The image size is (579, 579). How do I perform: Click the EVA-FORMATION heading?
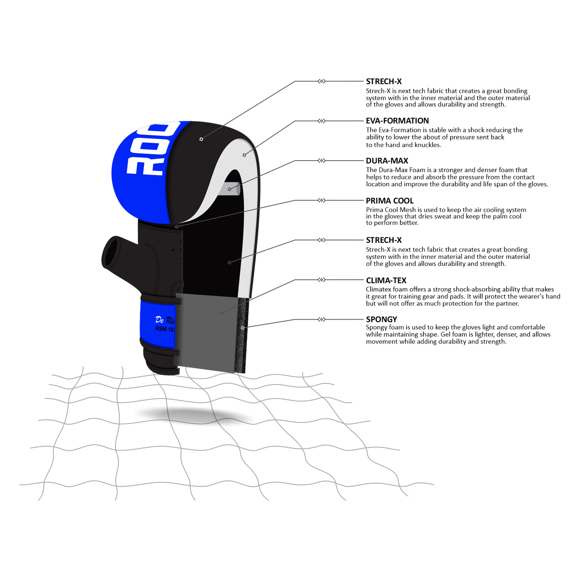[x=397, y=121]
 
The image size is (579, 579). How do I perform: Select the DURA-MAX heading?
[x=387, y=161]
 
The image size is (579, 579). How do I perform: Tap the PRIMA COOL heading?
[x=389, y=201]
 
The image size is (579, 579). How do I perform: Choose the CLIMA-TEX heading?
[x=386, y=281]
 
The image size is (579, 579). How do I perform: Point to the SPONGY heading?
[x=381, y=319]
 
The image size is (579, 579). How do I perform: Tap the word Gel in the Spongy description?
[x=446, y=334]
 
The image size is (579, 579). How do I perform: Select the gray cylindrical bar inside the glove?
[x=230, y=189]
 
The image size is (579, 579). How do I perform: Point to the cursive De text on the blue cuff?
[x=159, y=320]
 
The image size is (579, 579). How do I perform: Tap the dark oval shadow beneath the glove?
[x=193, y=415]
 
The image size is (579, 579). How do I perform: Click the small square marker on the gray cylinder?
[x=230, y=189]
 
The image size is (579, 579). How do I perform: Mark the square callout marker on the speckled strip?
[x=242, y=328]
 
